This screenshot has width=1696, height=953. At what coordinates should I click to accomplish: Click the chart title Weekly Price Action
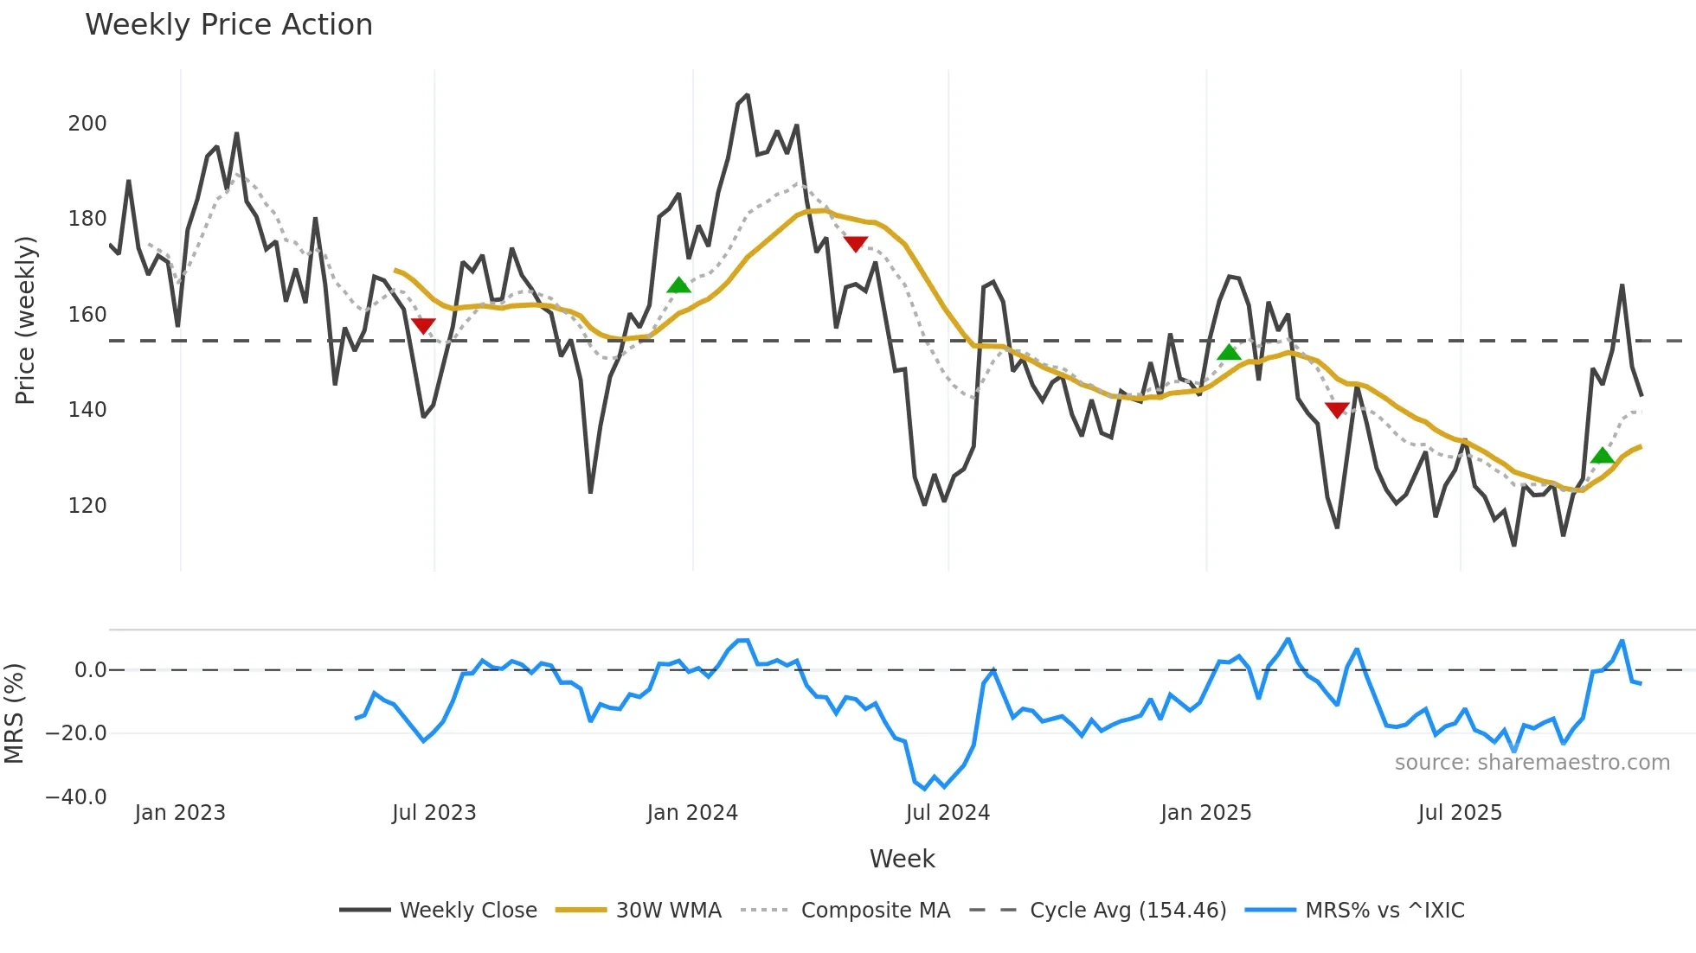pyautogui.click(x=228, y=25)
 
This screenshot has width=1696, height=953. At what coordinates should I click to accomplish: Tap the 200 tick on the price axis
pyautogui.click(x=87, y=124)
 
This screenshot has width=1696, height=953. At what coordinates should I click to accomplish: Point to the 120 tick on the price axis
pyautogui.click(x=87, y=506)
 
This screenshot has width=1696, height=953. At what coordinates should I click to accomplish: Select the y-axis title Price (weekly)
pyautogui.click(x=26, y=320)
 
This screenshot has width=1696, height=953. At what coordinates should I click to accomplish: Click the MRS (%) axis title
pyautogui.click(x=14, y=713)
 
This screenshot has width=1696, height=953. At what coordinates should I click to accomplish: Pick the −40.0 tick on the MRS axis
pyautogui.click(x=76, y=796)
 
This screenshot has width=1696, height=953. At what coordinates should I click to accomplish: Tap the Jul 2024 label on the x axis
pyautogui.click(x=948, y=813)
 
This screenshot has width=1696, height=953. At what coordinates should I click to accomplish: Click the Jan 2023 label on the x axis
pyautogui.click(x=180, y=813)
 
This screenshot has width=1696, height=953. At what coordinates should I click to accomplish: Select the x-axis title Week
pyautogui.click(x=902, y=859)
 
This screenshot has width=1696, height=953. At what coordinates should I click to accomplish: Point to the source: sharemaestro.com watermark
pyautogui.click(x=1532, y=763)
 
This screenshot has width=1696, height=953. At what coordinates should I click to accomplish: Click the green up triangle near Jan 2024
pyautogui.click(x=679, y=285)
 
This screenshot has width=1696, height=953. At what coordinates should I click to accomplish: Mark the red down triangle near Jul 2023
pyautogui.click(x=423, y=325)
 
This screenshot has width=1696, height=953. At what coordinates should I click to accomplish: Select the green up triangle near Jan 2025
pyautogui.click(x=1229, y=352)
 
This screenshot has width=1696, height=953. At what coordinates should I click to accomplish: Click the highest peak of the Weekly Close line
pyautogui.click(x=748, y=95)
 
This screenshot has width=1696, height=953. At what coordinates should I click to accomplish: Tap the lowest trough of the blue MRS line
pyautogui.click(x=925, y=789)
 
